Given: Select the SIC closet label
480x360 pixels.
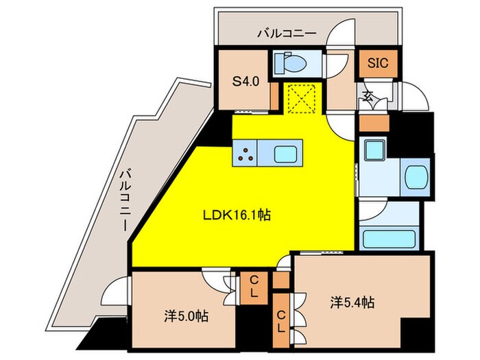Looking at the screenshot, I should point(378,63).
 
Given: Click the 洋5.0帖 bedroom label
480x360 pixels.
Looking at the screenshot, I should point(186,316).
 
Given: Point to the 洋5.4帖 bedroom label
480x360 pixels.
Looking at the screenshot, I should point(350,302).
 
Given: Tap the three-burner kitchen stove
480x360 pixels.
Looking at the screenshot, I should point(245,154).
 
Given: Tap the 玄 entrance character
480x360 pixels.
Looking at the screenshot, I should point(368,96).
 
